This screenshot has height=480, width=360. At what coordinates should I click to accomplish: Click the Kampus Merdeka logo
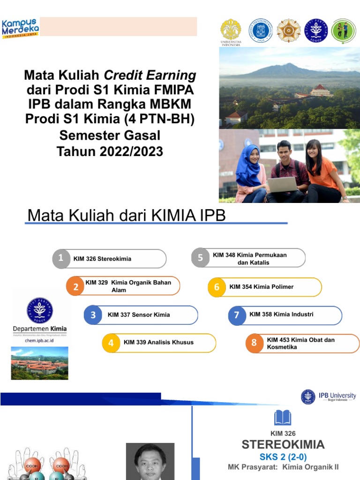21,28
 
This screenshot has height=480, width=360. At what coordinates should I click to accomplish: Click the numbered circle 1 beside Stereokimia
61,258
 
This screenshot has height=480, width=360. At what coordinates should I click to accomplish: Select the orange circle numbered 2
75,287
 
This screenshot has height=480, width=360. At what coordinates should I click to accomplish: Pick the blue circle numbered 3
93,315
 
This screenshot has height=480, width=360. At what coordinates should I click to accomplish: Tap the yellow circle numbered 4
111,343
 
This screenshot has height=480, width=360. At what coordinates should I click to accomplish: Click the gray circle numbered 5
200,258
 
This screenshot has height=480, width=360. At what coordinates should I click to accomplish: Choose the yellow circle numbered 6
217,287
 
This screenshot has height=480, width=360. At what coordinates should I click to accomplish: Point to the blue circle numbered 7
237,315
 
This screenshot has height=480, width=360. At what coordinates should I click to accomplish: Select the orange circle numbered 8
254,343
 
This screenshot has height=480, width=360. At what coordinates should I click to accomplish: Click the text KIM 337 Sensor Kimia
139,315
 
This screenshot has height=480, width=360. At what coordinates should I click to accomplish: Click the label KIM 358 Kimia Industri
281,315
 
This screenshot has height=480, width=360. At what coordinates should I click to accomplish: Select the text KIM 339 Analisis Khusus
158,343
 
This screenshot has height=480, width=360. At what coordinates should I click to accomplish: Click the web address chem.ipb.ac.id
39,341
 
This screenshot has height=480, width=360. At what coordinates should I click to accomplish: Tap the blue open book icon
283,417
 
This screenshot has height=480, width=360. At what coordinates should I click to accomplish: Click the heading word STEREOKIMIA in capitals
283,445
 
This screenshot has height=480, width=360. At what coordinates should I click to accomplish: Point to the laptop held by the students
282,185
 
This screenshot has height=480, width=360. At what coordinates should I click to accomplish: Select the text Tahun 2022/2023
110,151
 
